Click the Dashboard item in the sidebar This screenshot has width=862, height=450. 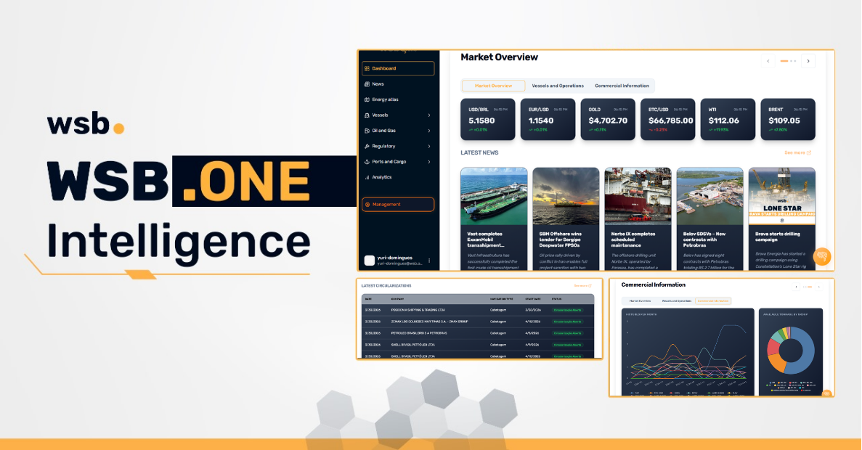point(397,68)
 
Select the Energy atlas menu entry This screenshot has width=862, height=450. point(385,99)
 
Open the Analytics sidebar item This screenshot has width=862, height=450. point(381,177)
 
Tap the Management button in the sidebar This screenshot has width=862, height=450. point(397,205)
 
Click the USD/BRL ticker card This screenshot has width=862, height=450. point(487,120)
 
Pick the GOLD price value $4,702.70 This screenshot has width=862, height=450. point(608,120)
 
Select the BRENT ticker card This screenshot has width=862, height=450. point(787,120)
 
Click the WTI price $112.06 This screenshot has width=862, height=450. point(723,120)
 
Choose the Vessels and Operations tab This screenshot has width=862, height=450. point(557,86)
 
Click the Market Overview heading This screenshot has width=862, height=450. point(499,57)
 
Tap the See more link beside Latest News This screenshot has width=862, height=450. point(797,153)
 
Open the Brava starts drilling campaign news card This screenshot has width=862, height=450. point(781,218)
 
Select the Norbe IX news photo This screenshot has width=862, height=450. point(638,196)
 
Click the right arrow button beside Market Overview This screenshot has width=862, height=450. point(808,61)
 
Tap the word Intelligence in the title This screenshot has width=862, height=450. point(179,240)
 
